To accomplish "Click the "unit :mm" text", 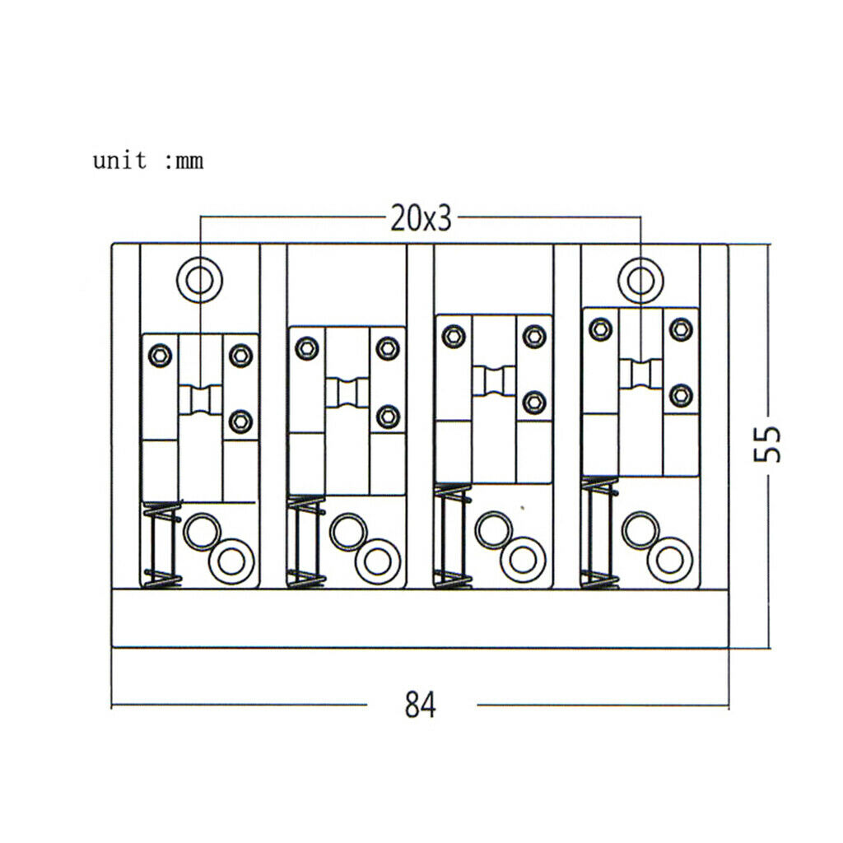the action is pyautogui.click(x=148, y=161).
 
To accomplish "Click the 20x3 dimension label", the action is pyautogui.click(x=421, y=218).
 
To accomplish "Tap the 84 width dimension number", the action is pyautogui.click(x=421, y=705).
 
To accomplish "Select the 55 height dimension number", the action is pyautogui.click(x=767, y=444).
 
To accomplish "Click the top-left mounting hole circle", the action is pyautogui.click(x=199, y=280).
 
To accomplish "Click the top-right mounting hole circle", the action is pyautogui.click(x=640, y=280).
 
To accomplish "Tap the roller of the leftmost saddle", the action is pyautogui.click(x=200, y=399).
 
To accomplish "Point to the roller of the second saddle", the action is pyautogui.click(x=347, y=393).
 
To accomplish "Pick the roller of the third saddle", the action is pyautogui.click(x=494, y=381).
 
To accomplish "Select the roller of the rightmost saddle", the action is pyautogui.click(x=640, y=375).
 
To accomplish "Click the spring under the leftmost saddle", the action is pyautogui.click(x=162, y=545).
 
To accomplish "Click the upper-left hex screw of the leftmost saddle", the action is pyautogui.click(x=161, y=356).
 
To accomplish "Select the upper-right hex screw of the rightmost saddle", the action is pyautogui.click(x=681, y=329).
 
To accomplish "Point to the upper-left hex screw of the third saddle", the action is pyautogui.click(x=454, y=337).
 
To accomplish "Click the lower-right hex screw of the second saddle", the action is pyautogui.click(x=389, y=417).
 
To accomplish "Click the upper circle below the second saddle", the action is pyautogui.click(x=348, y=532).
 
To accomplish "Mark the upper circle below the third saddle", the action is pyautogui.click(x=494, y=531).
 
